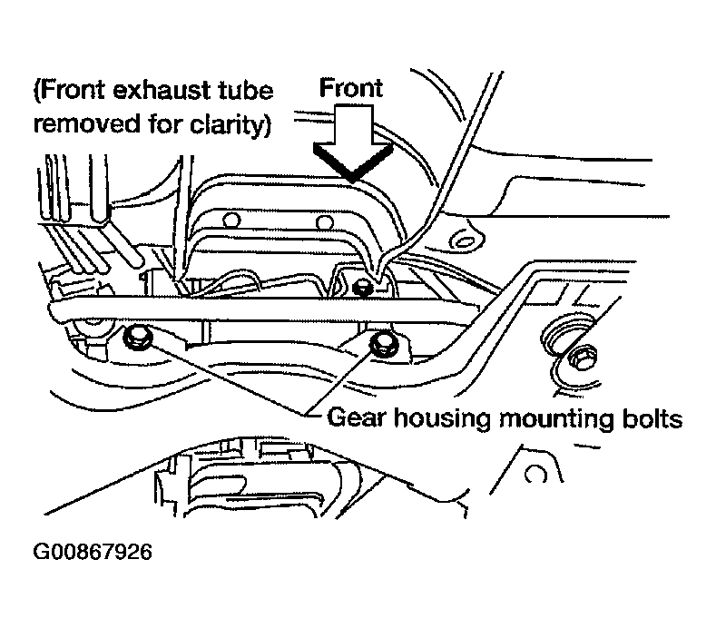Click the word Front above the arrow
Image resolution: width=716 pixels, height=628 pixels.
point(350,88)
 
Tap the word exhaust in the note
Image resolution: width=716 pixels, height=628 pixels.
point(162,91)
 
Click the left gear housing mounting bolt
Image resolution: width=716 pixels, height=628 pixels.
point(135,339)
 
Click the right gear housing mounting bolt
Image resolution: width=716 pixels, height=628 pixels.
point(383,343)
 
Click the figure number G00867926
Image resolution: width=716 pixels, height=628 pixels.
point(93,552)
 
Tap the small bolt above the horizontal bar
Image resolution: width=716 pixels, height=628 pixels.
point(364,287)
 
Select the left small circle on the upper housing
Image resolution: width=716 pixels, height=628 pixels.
point(231,221)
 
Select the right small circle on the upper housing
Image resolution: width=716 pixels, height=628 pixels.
point(325,223)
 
